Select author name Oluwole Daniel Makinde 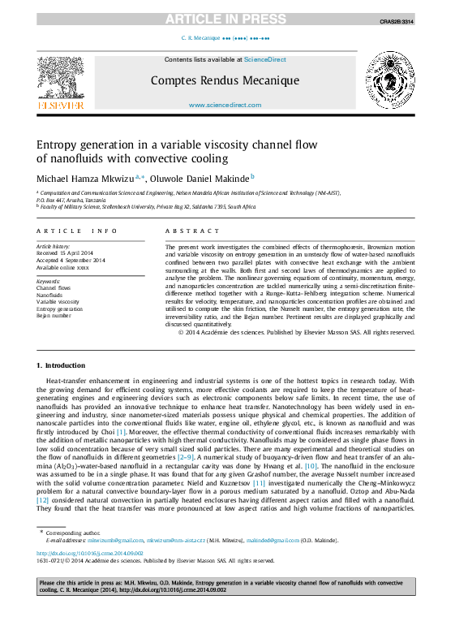pyautogui.click(x=206, y=177)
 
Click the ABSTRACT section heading pyautogui.click(x=182, y=231)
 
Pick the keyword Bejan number pyautogui.click(x=54, y=316)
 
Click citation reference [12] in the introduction pyautogui.click(x=42, y=502)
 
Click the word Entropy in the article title pyautogui.click(x=55, y=144)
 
